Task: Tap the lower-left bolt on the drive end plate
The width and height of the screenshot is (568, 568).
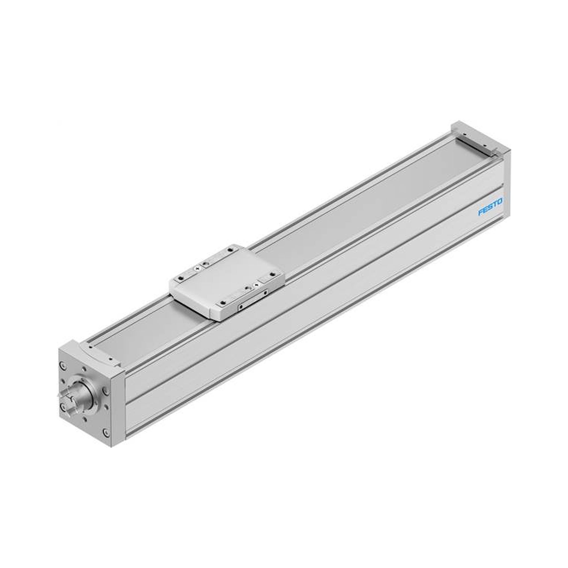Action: coord(63,407)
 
